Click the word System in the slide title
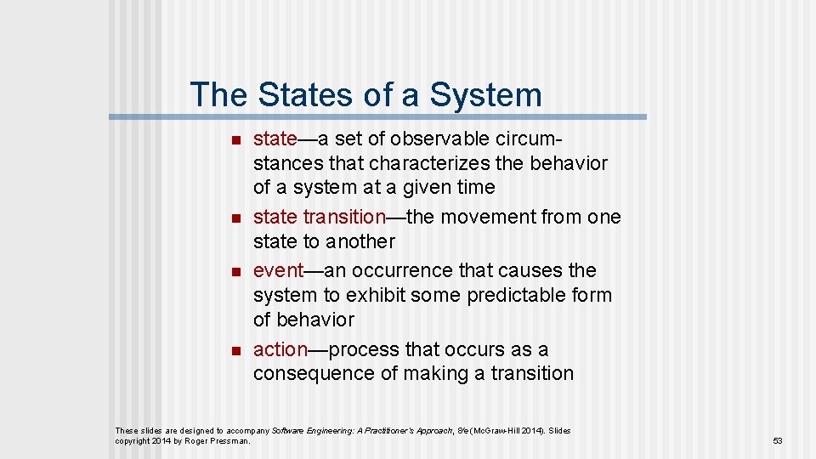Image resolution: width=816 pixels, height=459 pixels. click(x=485, y=94)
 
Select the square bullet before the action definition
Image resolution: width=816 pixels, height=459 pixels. click(x=236, y=350)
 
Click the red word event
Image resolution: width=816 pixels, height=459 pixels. click(x=278, y=270)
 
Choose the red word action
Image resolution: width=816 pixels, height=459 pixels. click(x=280, y=349)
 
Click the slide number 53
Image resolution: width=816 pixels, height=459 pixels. click(x=777, y=441)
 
